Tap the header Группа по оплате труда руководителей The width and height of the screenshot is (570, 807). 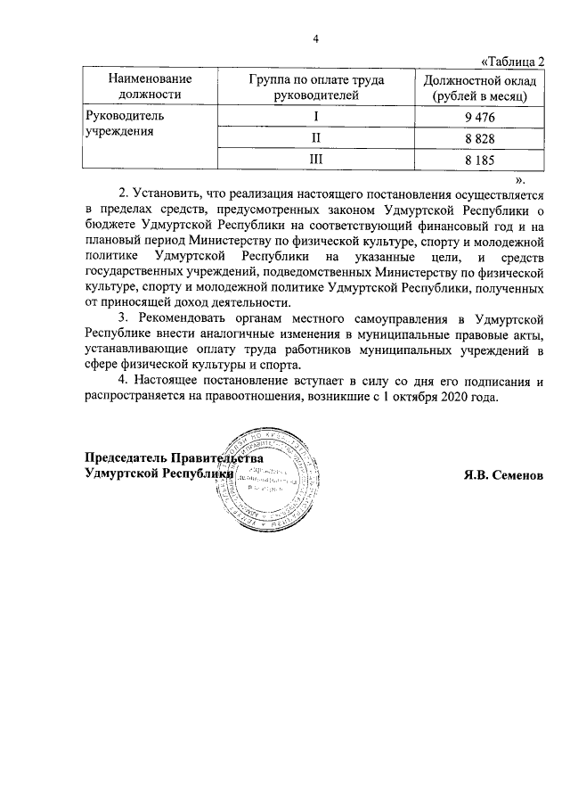[314, 86]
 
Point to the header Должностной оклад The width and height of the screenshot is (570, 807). [478, 86]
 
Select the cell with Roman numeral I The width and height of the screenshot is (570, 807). [314, 118]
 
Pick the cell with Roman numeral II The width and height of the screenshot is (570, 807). [314, 139]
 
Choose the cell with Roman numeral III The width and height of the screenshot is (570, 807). [314, 160]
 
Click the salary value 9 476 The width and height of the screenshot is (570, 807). [478, 118]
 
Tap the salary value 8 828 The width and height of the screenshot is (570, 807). [478, 139]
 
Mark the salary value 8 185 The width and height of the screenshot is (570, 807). [478, 160]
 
